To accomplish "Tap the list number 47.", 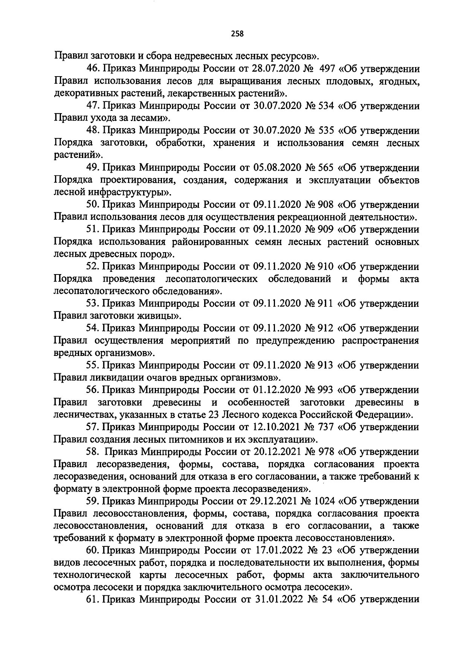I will coord(93,106).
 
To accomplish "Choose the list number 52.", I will coord(93,267).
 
